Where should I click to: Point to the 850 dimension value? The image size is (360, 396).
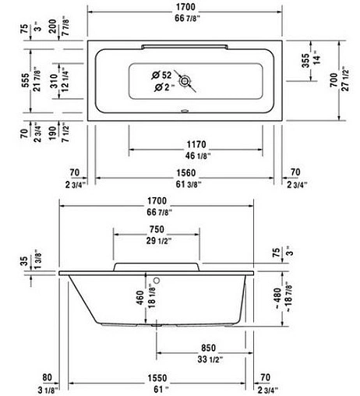(208, 347)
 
